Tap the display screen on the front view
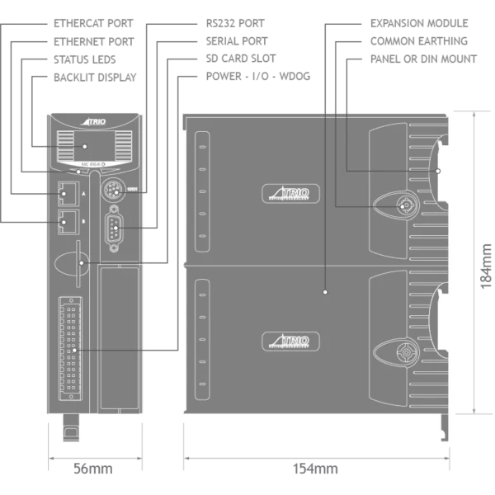coord(85,148)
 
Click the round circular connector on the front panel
coord(115,192)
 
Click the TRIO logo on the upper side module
coord(287,195)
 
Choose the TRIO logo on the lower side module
coord(287,342)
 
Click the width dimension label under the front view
coord(92,468)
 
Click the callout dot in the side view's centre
coord(326,291)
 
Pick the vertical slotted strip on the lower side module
coord(200,338)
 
